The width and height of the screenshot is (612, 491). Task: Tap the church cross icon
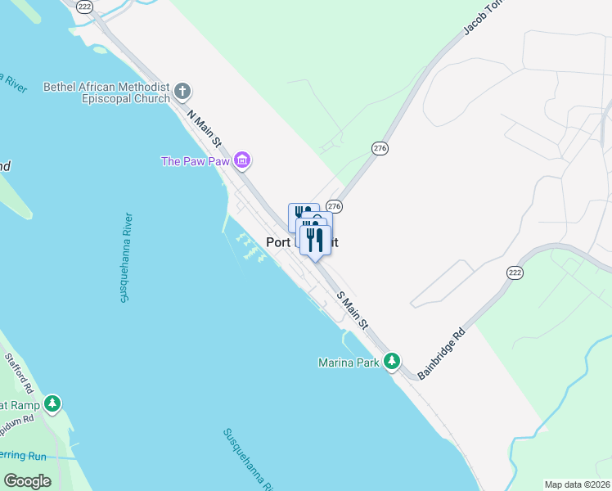(182, 91)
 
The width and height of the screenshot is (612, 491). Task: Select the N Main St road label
(205, 129)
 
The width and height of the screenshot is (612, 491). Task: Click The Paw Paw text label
(195, 160)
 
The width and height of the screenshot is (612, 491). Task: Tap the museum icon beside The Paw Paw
(241, 160)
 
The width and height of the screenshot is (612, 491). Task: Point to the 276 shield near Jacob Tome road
(380, 148)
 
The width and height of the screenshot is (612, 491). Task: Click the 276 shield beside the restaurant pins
(334, 205)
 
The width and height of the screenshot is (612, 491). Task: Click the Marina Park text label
(349, 362)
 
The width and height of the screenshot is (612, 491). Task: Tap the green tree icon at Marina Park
(393, 361)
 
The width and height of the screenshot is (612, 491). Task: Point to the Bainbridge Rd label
(442, 354)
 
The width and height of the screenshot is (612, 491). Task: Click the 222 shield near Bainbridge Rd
(515, 273)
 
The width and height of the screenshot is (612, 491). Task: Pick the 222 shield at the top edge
(84, 6)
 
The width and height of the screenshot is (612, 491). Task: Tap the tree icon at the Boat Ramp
(52, 403)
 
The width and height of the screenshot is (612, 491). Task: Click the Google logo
(27, 480)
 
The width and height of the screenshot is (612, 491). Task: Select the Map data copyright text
(578, 484)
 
